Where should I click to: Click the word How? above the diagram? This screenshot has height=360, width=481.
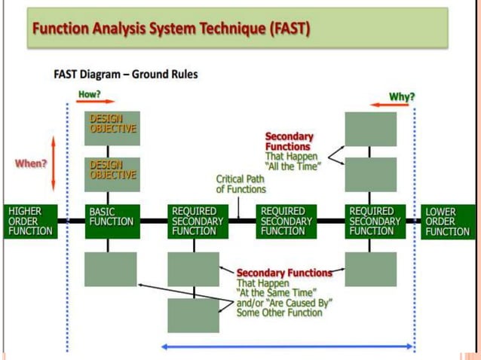(x=90, y=95)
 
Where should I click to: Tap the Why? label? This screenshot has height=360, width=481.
(x=402, y=96)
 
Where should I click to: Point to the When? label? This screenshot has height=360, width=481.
(x=31, y=163)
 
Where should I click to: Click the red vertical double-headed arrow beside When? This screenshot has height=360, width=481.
(x=54, y=163)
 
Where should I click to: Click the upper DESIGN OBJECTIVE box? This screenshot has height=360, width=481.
(x=112, y=127)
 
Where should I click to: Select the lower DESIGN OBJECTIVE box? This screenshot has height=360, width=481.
(x=112, y=173)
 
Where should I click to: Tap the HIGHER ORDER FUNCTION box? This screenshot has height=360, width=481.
(x=31, y=221)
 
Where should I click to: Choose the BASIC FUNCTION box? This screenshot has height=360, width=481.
(x=112, y=221)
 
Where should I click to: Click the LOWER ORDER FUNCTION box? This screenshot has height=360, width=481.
(x=448, y=221)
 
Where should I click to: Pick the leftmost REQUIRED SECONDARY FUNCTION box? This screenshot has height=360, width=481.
(x=197, y=221)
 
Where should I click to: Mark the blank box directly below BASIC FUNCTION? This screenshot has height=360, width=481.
(x=111, y=269)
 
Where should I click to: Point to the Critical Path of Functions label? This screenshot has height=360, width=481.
(x=240, y=185)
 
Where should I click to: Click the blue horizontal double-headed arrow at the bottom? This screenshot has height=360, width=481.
(x=288, y=346)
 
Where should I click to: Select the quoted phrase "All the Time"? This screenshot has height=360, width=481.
(x=293, y=166)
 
